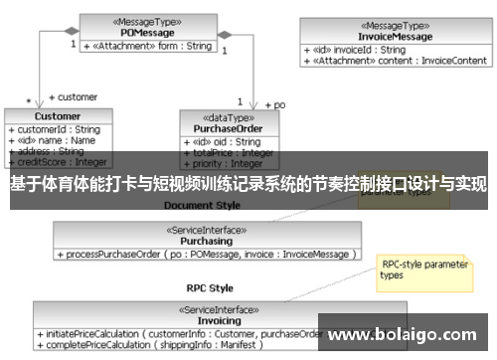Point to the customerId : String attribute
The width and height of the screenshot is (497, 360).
pos(55,129)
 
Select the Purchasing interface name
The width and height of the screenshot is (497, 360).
pos(207,241)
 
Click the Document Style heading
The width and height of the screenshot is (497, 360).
pos(202,205)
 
